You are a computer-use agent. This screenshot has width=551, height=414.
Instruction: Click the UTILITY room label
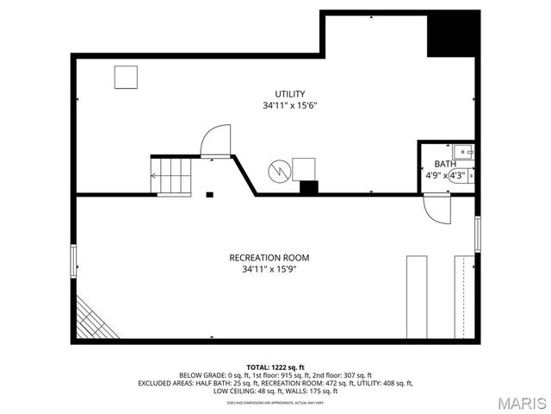click(290, 94)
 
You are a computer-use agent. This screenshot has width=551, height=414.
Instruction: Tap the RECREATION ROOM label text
click(269, 258)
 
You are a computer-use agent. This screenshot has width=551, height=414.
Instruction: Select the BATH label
click(445, 164)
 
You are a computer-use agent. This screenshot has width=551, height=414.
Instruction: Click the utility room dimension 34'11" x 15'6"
click(290, 106)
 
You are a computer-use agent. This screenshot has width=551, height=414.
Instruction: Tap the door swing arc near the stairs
click(217, 141)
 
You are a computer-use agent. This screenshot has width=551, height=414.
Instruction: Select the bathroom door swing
click(437, 210)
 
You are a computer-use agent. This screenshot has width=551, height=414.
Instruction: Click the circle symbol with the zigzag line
click(279, 169)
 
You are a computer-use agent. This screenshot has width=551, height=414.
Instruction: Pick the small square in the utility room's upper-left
click(127, 77)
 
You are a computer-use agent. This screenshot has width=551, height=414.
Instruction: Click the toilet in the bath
click(468, 177)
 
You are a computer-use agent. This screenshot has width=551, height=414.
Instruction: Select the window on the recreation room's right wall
click(476, 234)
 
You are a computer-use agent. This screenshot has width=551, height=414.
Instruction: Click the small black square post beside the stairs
click(209, 194)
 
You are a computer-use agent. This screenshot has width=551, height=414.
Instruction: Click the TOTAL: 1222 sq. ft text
click(275, 367)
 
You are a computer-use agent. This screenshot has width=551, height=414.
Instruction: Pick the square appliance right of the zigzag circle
click(303, 169)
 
